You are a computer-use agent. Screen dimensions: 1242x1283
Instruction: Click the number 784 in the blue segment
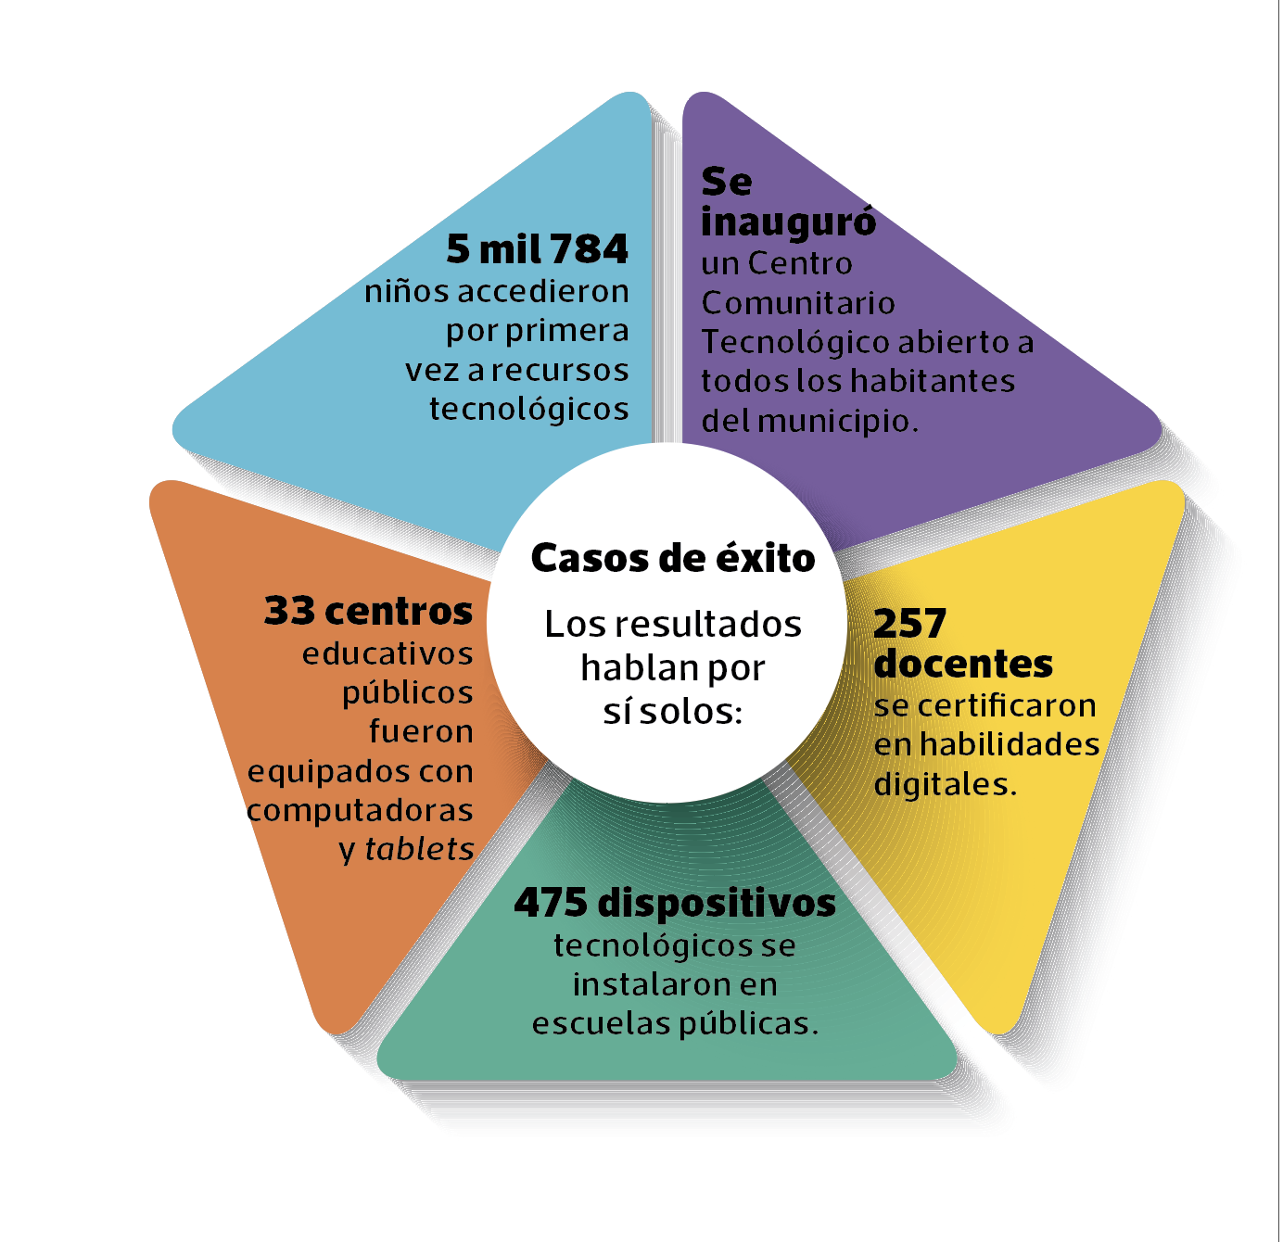point(589,249)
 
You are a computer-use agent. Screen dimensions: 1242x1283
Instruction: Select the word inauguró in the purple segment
point(788,222)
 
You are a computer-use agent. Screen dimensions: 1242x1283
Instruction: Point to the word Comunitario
point(798,303)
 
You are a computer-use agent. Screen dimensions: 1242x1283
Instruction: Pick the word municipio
point(837,422)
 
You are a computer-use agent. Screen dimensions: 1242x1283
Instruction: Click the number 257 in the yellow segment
point(909,624)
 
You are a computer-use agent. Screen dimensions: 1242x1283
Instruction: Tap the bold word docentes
point(963,664)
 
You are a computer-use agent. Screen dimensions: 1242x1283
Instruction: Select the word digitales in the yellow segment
point(942,785)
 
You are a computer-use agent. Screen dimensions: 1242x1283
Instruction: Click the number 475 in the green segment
point(551,903)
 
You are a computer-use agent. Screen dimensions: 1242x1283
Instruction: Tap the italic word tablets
point(419,849)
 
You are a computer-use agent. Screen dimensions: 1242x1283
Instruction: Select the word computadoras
point(360,811)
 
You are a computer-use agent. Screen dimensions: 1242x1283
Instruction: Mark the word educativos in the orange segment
point(387,654)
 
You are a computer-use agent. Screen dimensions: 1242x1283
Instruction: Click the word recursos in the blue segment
point(560,371)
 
